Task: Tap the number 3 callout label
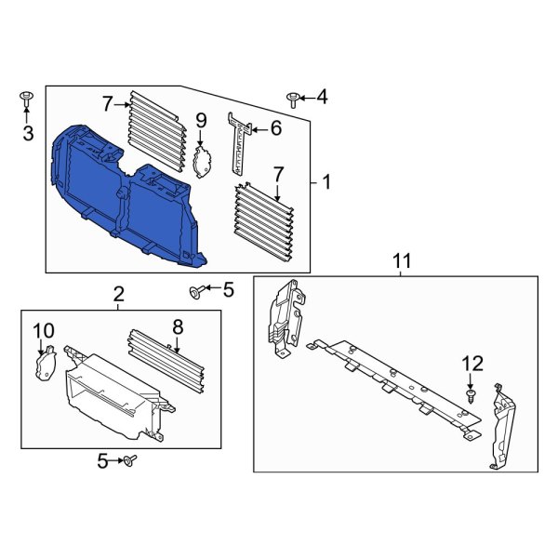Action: tap(28, 134)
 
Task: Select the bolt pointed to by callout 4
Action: tap(293, 97)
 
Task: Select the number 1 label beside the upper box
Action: tap(326, 182)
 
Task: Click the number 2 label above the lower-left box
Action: tap(119, 295)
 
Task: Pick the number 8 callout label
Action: tap(178, 327)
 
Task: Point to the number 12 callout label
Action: tap(472, 362)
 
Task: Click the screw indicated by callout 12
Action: tap(470, 396)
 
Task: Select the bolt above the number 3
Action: tap(26, 97)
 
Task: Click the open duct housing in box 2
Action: tap(107, 395)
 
